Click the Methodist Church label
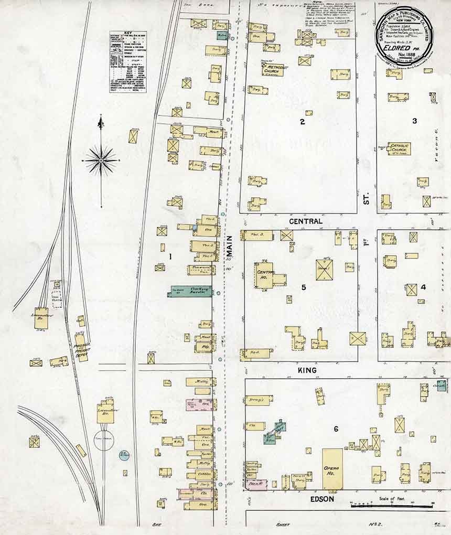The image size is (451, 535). pyautogui.click(x=273, y=70)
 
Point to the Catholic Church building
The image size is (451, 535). pyautogui.click(x=399, y=149)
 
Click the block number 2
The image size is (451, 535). pyautogui.click(x=302, y=122)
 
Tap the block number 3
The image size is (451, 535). pyautogui.click(x=414, y=121)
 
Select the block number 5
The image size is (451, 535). pyautogui.click(x=304, y=287)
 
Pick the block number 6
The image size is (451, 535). pyautogui.click(x=336, y=429)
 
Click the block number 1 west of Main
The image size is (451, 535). pyautogui.click(x=170, y=256)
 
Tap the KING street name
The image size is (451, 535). pyautogui.click(x=308, y=370)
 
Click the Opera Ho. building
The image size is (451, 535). pyautogui.click(x=332, y=468)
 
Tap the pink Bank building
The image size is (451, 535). pyautogui.click(x=256, y=484)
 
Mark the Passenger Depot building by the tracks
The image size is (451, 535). pyautogui.click(x=81, y=347)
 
